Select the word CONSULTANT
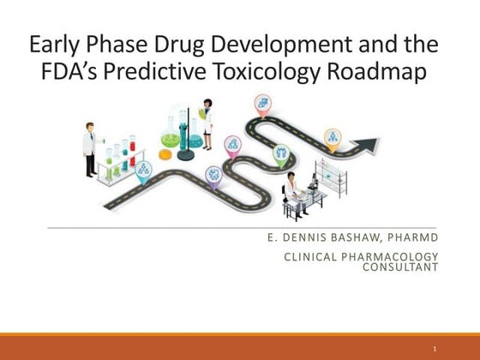(402, 267)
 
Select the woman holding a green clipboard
(206, 121)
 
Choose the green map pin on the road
(280, 153)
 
